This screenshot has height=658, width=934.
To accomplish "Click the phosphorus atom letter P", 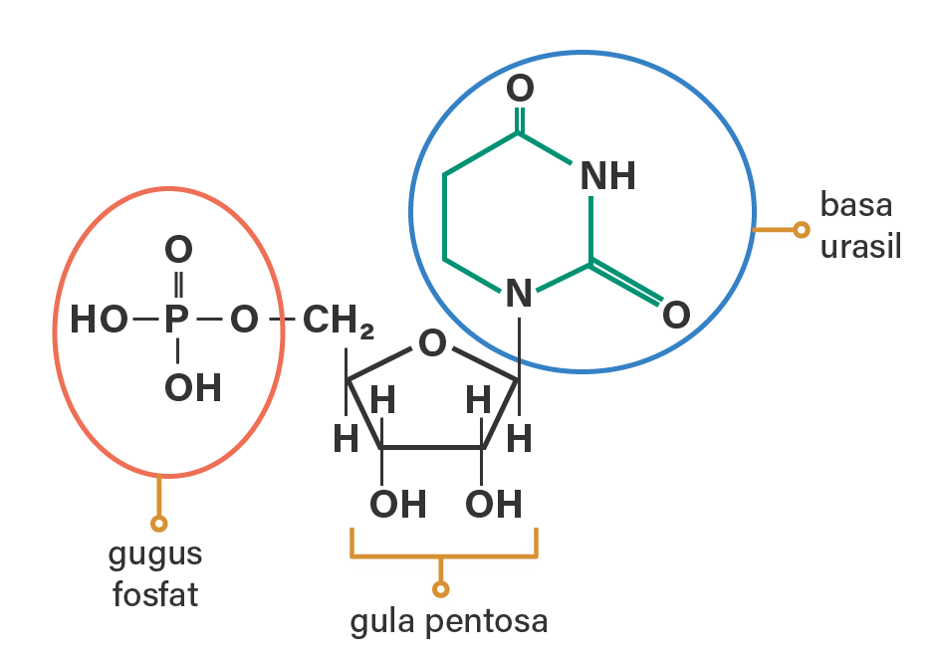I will [x=176, y=321].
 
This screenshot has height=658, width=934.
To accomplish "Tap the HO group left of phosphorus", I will [x=99, y=321].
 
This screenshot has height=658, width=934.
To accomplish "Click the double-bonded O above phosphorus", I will [x=178, y=249].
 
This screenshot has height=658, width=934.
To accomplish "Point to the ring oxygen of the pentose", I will [x=432, y=344].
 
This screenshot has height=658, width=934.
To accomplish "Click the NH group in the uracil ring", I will [x=607, y=177].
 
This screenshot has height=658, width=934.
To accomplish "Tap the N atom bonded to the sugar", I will [x=518, y=295].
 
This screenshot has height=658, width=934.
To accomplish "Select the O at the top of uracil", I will [x=520, y=89].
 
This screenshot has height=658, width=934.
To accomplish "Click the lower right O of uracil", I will [x=675, y=316].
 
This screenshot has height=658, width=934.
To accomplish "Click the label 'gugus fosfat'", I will [x=156, y=575].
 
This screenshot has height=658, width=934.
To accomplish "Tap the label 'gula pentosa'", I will [x=448, y=622].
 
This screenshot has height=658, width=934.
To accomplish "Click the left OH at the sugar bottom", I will [x=397, y=505].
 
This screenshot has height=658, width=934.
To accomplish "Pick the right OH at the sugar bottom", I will [x=493, y=505].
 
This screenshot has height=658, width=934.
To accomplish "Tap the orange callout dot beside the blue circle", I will [x=801, y=230].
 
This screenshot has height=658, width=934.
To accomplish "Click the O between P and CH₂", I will [x=244, y=321].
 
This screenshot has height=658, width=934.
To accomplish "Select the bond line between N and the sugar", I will [x=519, y=343].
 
